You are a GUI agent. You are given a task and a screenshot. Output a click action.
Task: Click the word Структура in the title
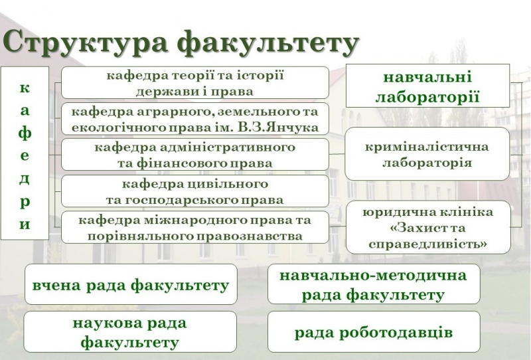pyautogui.click(x=86, y=43)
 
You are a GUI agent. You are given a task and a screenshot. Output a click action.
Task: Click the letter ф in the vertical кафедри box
pyautogui.click(x=25, y=134)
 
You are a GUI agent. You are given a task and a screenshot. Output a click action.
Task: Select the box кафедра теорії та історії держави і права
pyautogui.click(x=195, y=83)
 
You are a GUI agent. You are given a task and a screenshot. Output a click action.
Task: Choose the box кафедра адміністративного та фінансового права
pyautogui.click(x=195, y=155)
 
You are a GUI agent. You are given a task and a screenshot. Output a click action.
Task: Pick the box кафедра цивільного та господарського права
pyautogui.click(x=195, y=191)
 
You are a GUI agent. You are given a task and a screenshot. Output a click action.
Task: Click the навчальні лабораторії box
pyautogui.click(x=427, y=86)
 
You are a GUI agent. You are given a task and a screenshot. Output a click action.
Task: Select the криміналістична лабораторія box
pyautogui.click(x=427, y=154)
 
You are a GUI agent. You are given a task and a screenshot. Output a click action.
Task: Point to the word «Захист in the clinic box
pyautogui.click(x=415, y=227)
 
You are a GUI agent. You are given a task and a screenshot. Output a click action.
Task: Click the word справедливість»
pyautogui.click(x=427, y=244)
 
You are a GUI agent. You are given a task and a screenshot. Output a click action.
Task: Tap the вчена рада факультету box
pyautogui.click(x=131, y=284)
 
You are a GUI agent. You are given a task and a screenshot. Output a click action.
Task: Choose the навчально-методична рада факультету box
pyautogui.click(x=374, y=284)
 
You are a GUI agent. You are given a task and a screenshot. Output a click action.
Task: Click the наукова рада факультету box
pyautogui.click(x=130, y=332)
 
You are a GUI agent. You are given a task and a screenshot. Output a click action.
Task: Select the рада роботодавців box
pyautogui.click(x=374, y=332)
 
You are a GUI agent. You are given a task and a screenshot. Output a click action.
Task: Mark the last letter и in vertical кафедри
pyautogui.click(x=25, y=224)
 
